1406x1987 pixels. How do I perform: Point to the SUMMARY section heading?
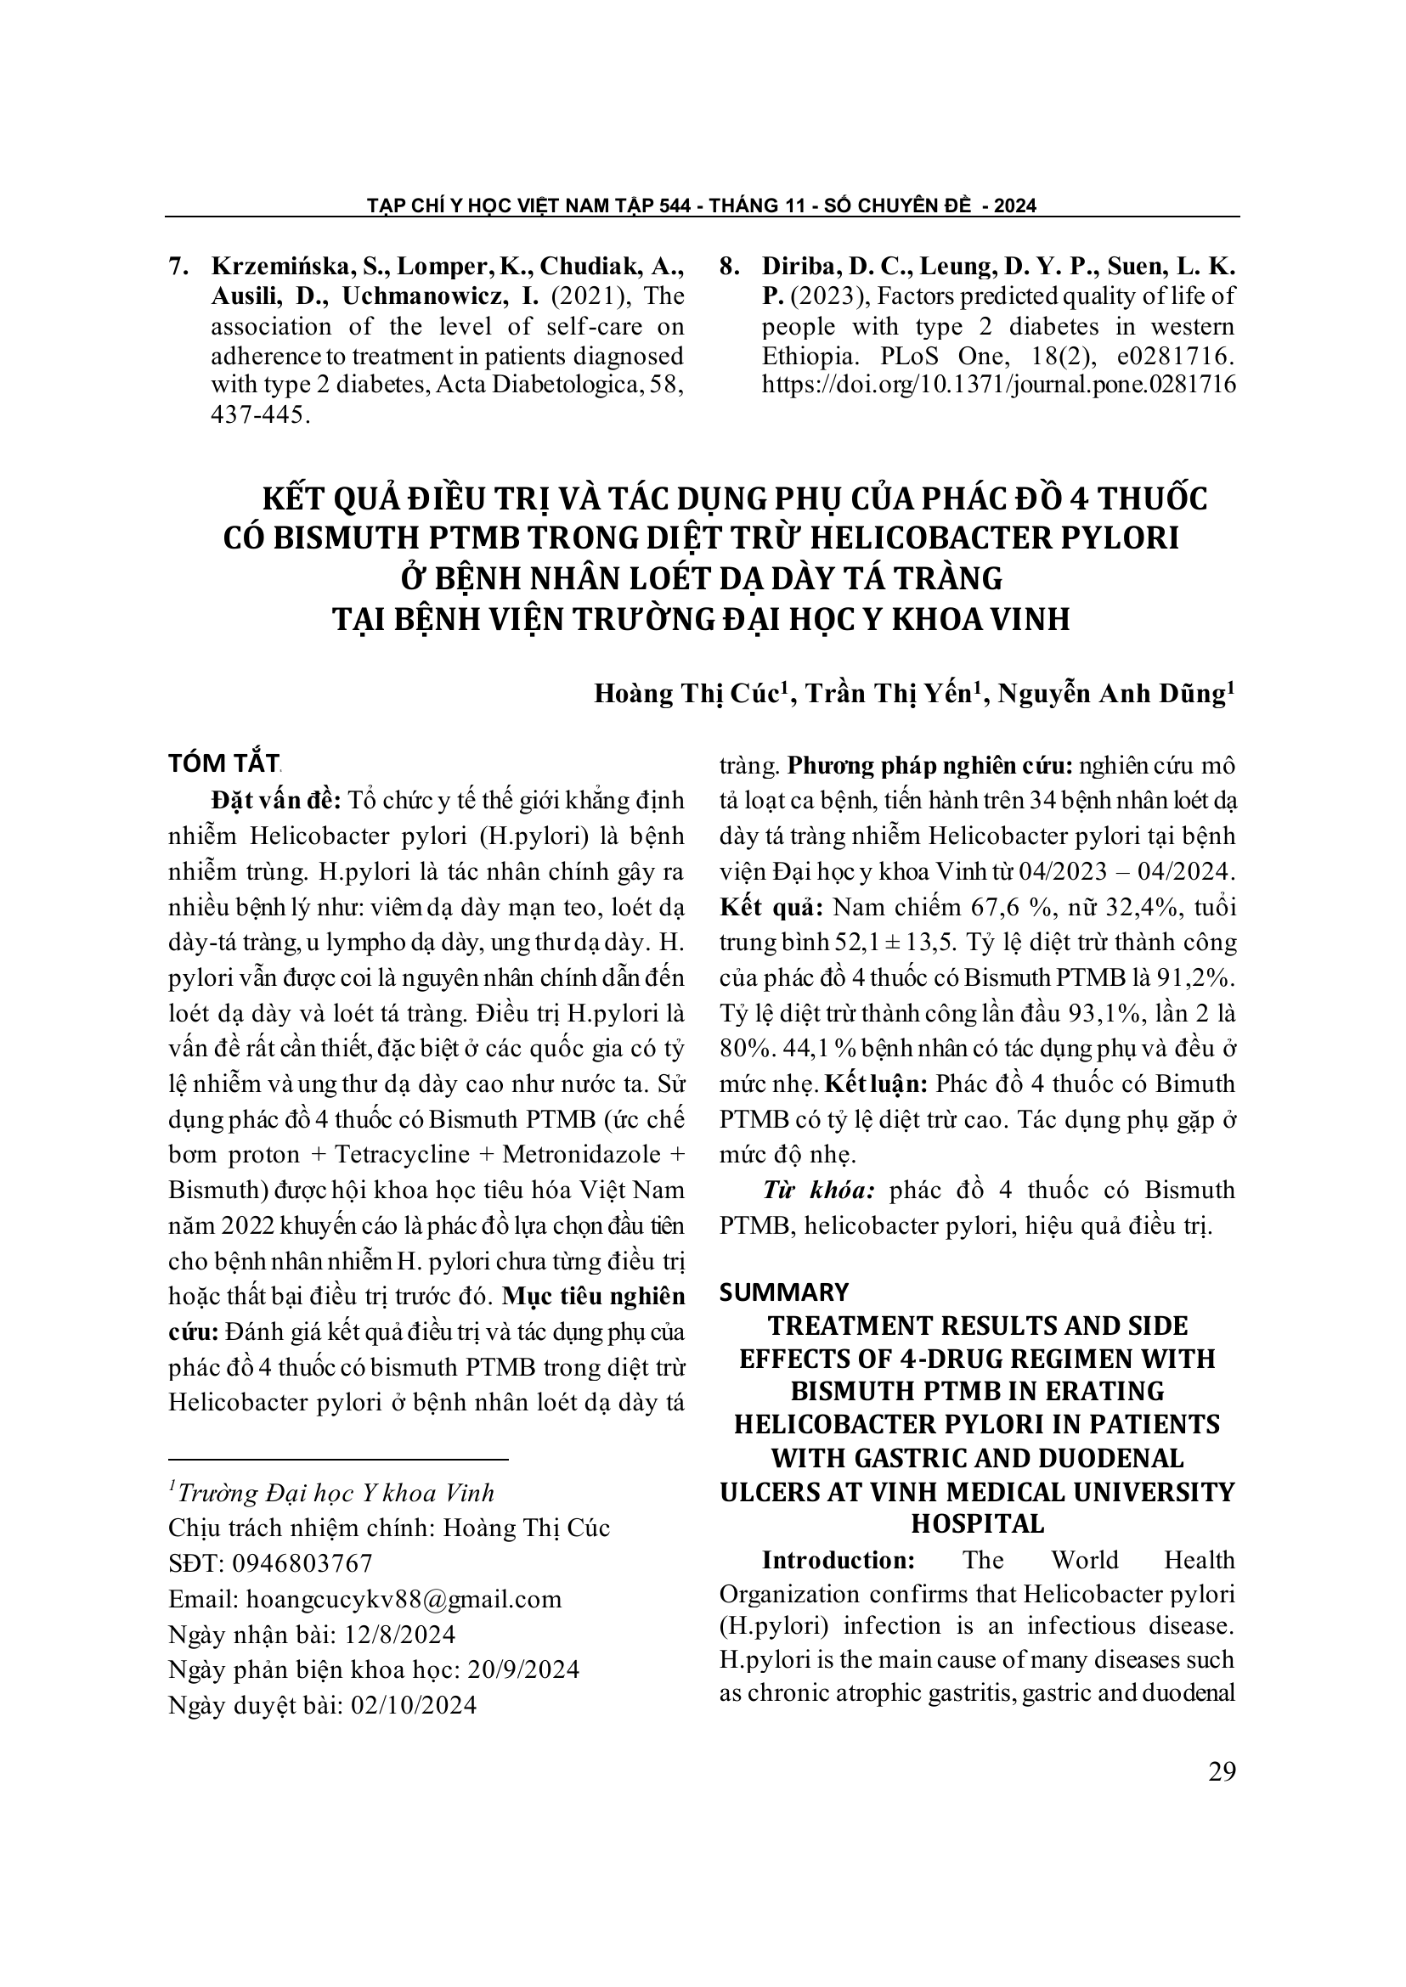tap(784, 1292)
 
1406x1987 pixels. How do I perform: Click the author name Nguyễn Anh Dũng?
tap(1115, 695)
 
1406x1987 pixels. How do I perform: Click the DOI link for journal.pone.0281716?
tap(998, 386)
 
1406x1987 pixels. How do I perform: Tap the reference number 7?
tap(178, 267)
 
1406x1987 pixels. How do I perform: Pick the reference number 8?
tap(729, 267)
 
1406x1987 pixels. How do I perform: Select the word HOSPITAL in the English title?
tap(978, 1524)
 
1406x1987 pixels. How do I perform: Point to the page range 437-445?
tap(260, 414)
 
